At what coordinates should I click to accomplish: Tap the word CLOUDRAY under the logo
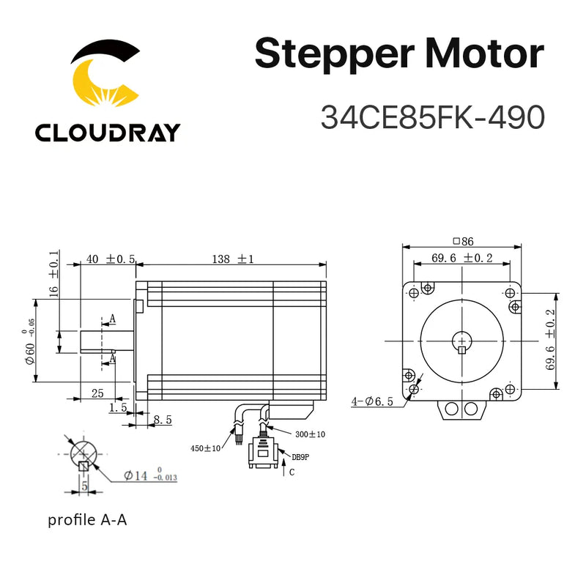pos(107,133)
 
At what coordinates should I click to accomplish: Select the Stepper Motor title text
pos(399,55)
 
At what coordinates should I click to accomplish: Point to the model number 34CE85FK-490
pos(432,116)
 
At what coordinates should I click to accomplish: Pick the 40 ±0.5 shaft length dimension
pos(111,259)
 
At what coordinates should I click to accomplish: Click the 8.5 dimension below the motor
pos(163,420)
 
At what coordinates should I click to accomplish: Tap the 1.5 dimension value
pos(117,407)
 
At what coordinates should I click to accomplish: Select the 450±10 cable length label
pos(207,448)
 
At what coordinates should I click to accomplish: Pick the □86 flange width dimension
pos(464,240)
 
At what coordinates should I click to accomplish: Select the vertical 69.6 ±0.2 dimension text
pos(551,340)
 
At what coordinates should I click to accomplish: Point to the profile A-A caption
pos(92,521)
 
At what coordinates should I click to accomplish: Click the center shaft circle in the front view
pos(461,341)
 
